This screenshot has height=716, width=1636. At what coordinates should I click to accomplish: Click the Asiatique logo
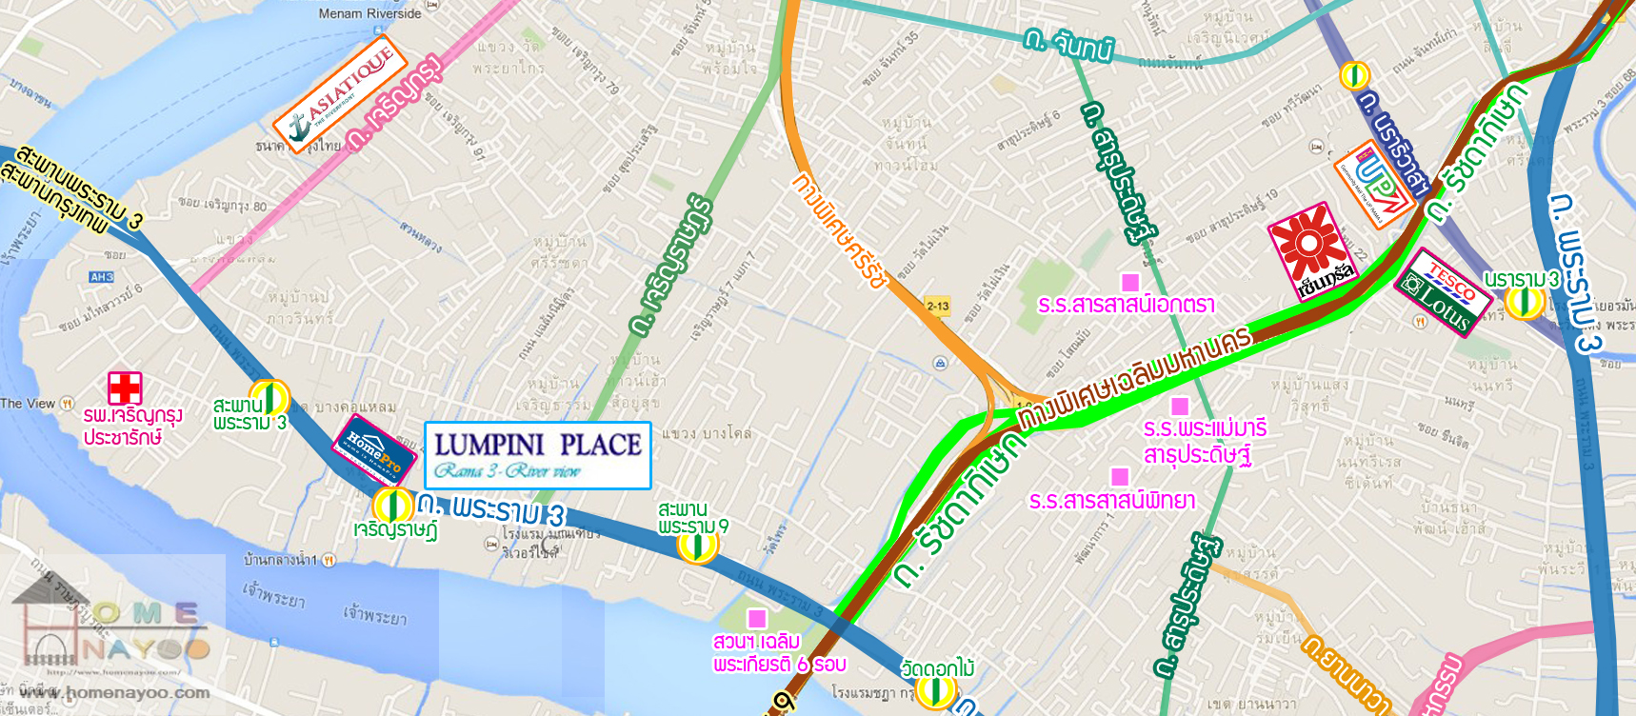(340, 93)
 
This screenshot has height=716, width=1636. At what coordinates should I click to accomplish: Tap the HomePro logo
(374, 448)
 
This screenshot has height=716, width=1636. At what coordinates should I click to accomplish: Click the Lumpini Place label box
(537, 455)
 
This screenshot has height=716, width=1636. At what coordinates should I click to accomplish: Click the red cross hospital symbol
(125, 388)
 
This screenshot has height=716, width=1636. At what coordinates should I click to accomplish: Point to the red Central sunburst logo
(1310, 249)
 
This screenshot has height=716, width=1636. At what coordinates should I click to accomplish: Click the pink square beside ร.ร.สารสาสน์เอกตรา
(1130, 282)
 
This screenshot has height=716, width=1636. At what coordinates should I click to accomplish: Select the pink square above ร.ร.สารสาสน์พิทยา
(1120, 476)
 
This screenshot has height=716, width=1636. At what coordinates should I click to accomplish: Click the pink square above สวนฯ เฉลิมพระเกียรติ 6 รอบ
(757, 618)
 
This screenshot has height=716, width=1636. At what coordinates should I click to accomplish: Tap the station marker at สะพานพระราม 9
(697, 546)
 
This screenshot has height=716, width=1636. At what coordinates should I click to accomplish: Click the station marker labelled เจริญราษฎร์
(391, 506)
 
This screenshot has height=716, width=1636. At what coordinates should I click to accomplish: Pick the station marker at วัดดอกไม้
(935, 691)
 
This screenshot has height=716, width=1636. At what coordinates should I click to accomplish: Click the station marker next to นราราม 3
(1523, 302)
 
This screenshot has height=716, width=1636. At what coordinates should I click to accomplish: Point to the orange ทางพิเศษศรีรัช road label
(841, 229)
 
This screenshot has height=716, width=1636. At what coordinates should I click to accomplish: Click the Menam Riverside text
(369, 13)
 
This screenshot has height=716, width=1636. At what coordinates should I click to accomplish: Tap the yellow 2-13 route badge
(937, 306)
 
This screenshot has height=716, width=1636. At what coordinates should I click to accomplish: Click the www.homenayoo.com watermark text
(114, 692)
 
